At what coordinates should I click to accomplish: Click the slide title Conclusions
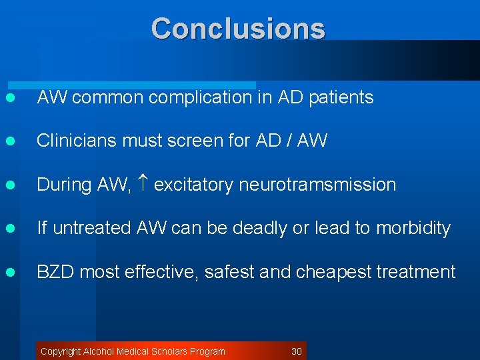(x=238, y=29)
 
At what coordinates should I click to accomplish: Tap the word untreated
(x=92, y=228)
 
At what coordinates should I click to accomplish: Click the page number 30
(x=297, y=351)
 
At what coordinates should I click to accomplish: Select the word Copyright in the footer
(x=61, y=351)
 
